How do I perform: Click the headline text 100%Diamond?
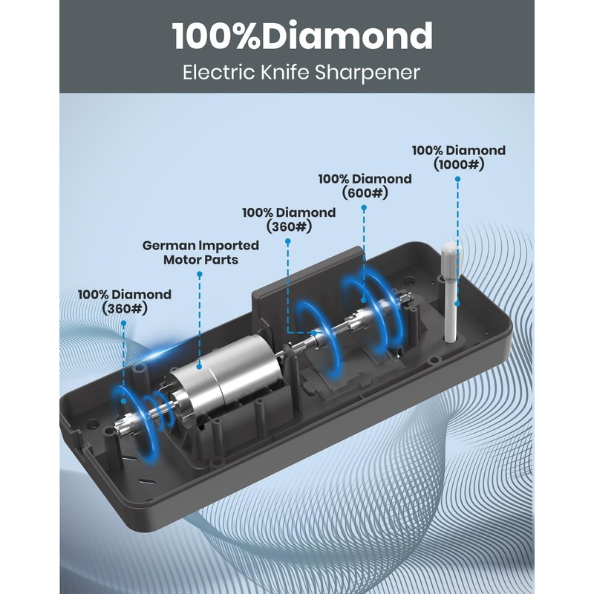[x=302, y=36]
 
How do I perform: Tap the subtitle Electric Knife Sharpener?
[x=301, y=72]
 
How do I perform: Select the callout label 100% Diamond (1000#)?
[x=459, y=157]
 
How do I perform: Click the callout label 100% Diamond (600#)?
[x=365, y=186]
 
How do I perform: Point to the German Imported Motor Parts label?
[x=200, y=252]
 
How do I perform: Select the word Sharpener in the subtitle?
[x=367, y=72]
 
